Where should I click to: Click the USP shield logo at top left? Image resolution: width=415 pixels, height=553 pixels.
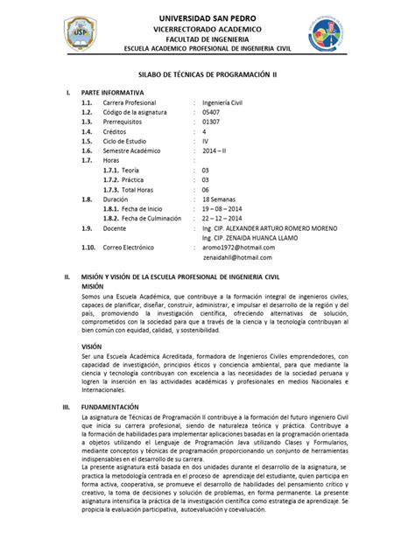pos(81,34)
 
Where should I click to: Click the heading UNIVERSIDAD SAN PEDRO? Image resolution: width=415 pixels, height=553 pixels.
pos(207,17)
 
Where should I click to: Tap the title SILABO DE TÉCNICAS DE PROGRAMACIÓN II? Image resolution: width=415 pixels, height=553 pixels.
pos(207,76)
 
